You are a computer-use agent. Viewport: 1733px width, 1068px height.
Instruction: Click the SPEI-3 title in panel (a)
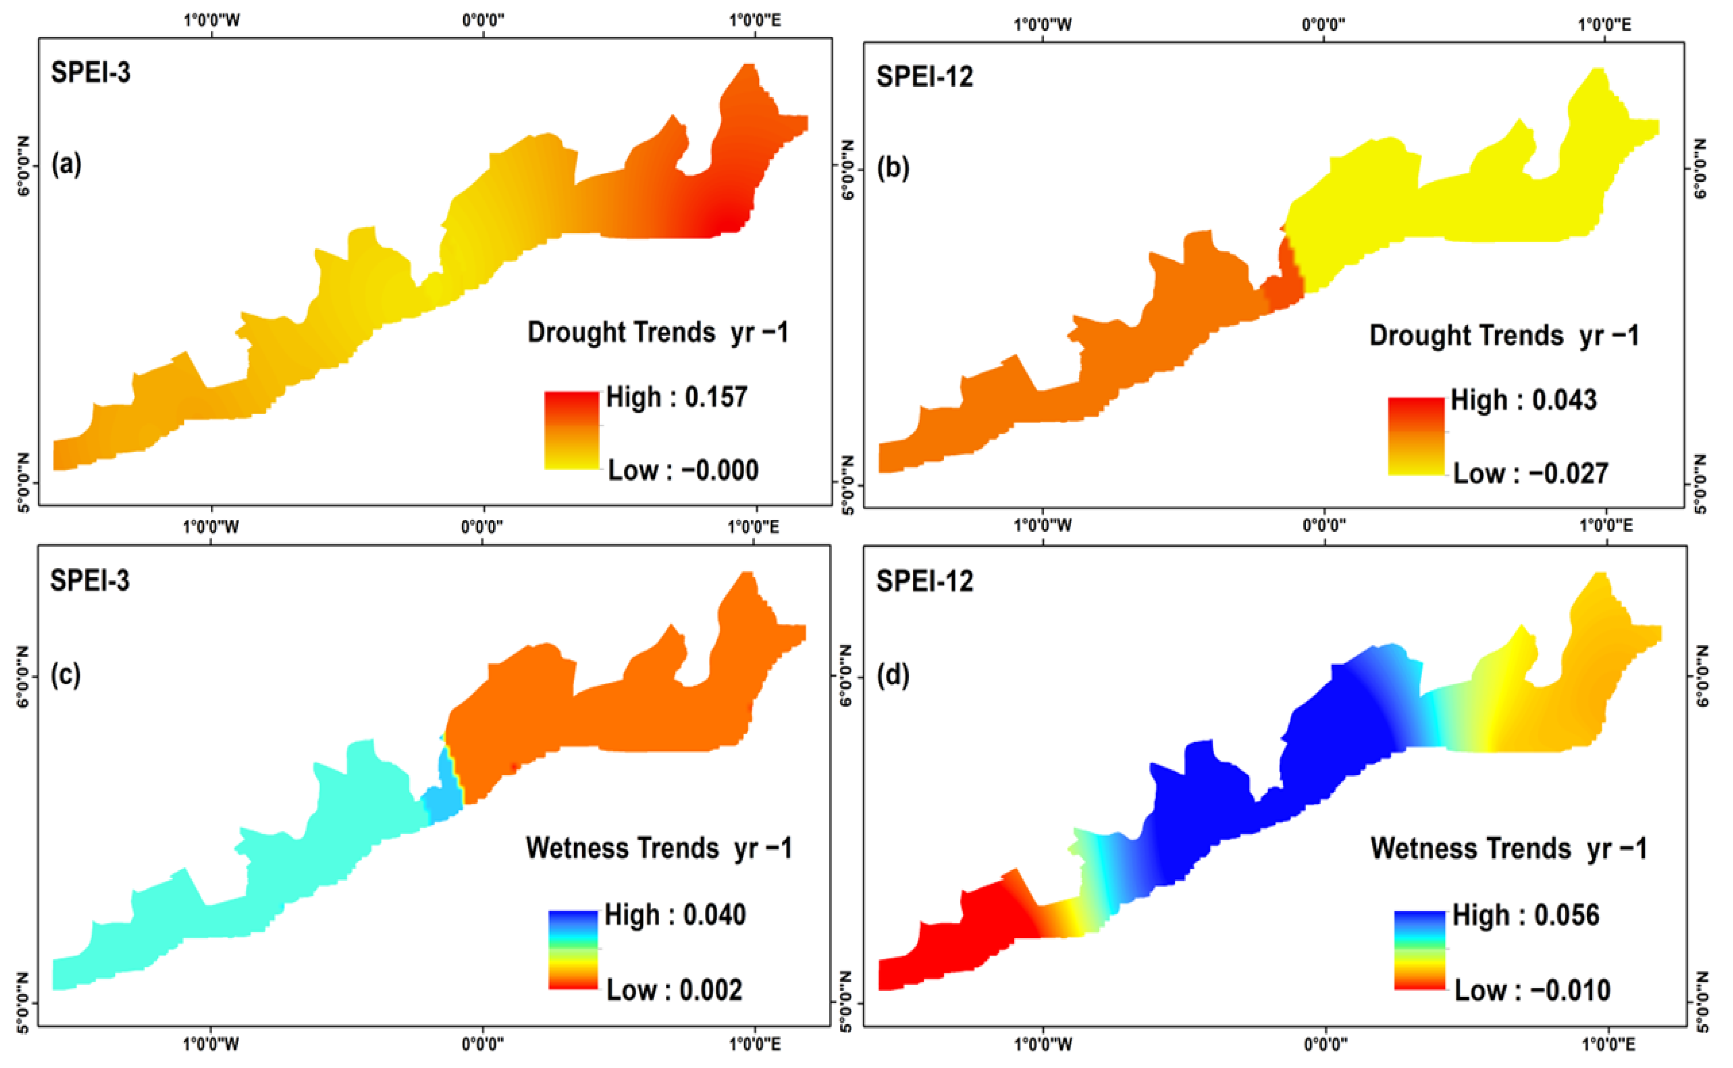click(x=90, y=73)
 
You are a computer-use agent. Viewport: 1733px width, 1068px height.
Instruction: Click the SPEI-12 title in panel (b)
click(x=924, y=76)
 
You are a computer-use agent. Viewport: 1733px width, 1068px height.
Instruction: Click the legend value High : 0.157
click(x=676, y=398)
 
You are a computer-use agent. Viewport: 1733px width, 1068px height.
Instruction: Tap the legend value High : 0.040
click(x=675, y=916)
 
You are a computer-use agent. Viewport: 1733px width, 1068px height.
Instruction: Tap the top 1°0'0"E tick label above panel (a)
click(x=754, y=20)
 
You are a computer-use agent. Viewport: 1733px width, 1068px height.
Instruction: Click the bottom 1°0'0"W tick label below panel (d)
click(x=1043, y=1043)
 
